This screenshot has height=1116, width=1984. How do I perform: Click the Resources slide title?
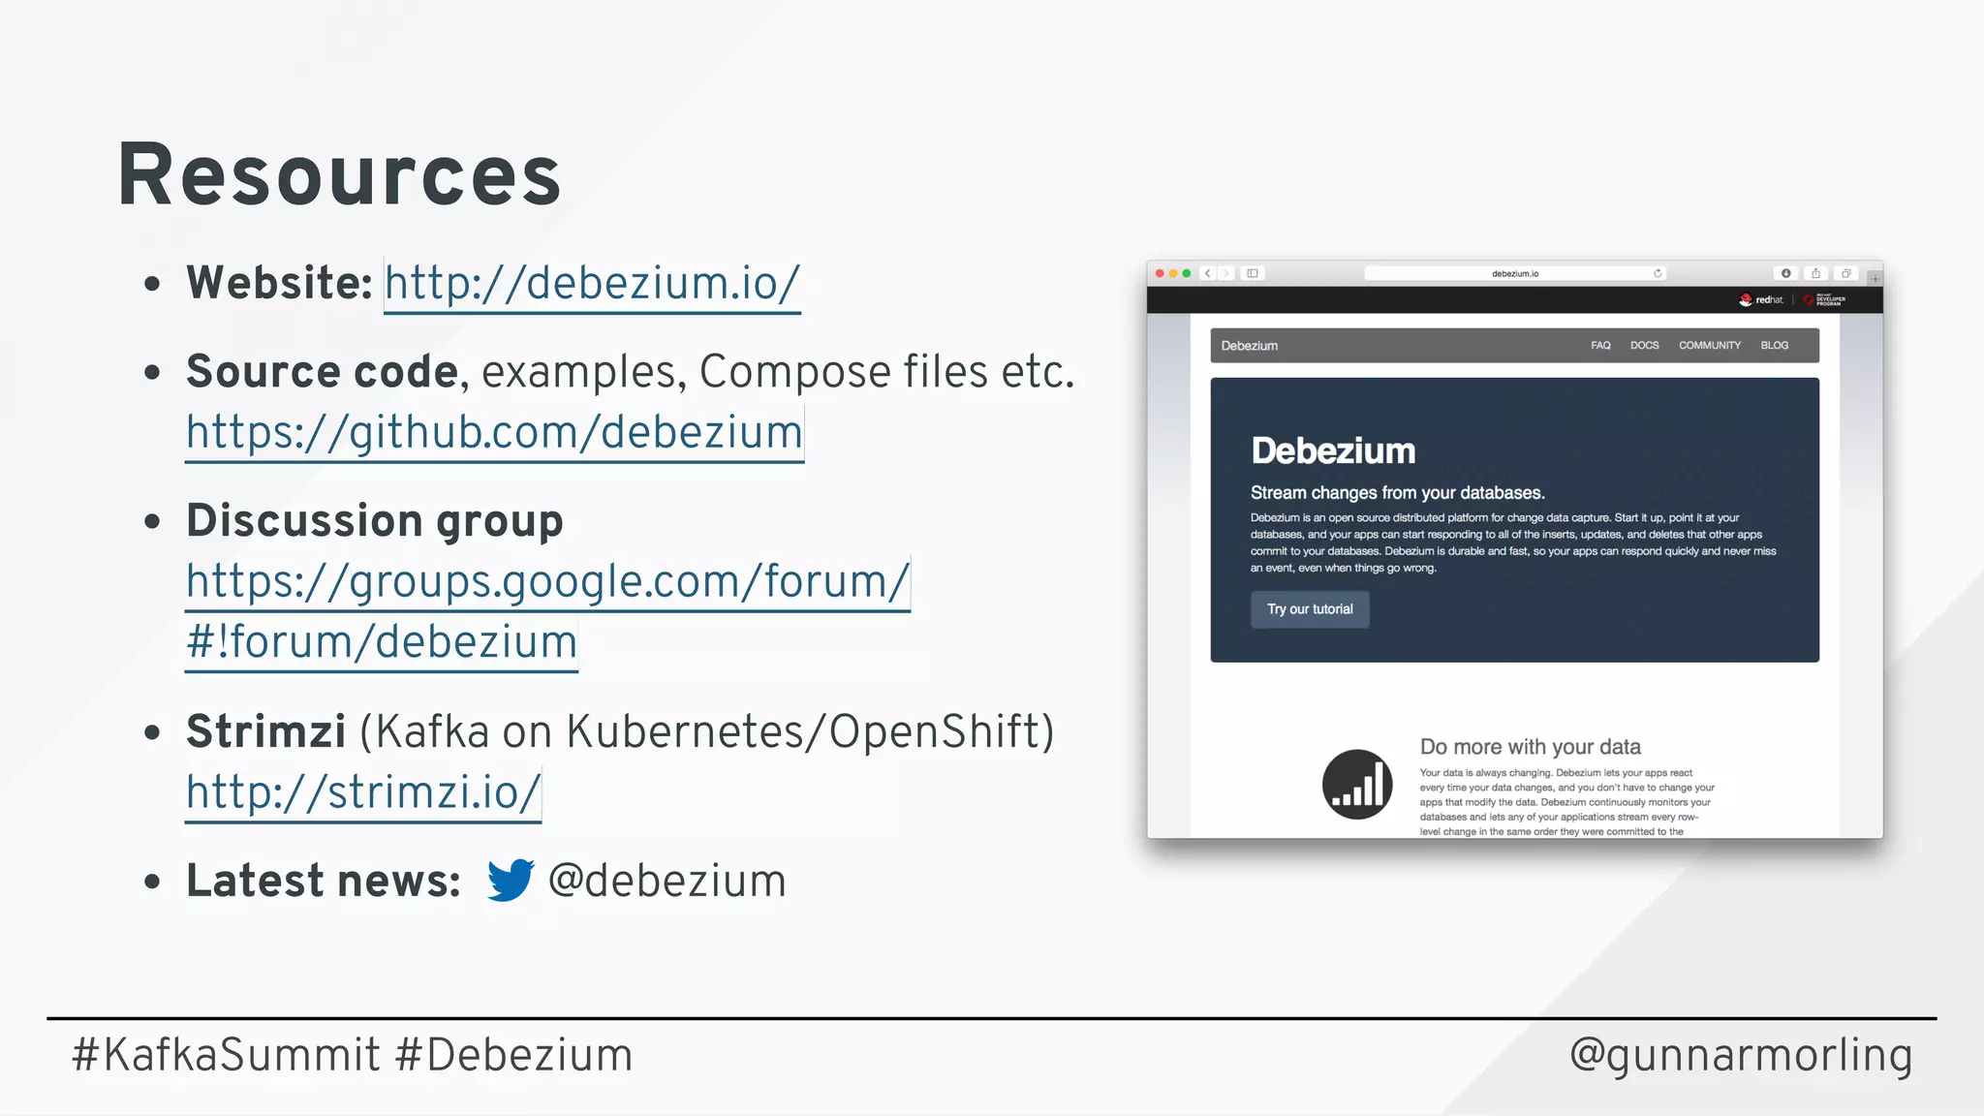339,175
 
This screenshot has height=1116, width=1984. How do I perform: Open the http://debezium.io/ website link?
592,284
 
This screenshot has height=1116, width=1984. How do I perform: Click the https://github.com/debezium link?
494,432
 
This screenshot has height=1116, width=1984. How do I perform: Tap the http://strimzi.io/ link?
363,792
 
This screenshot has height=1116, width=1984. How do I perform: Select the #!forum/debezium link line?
382,642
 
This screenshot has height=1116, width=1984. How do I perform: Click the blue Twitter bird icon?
510,880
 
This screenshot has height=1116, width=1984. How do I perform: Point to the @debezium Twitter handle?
666,882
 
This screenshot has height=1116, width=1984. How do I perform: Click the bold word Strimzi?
265,731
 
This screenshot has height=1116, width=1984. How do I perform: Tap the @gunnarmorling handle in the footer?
1740,1055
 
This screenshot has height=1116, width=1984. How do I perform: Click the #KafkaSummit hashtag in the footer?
226,1055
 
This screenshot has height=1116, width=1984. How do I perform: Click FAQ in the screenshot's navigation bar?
1600,346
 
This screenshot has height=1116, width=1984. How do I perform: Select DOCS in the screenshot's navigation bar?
1644,346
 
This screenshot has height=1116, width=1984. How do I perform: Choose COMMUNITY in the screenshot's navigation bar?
1709,346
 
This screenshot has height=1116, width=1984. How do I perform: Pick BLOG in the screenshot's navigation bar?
1774,346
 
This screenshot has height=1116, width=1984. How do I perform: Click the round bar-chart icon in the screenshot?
1357,785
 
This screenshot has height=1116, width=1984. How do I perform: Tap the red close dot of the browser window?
1160,274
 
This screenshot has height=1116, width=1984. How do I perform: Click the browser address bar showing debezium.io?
1514,274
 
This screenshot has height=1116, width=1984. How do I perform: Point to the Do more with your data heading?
1530,747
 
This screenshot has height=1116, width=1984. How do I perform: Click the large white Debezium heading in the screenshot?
1333,451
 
